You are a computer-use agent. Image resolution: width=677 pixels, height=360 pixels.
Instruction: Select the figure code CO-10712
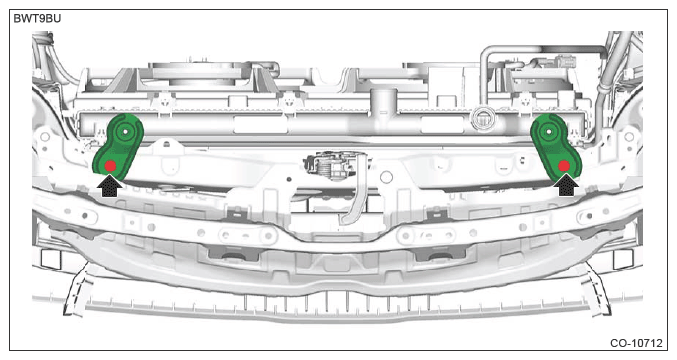coord(637,344)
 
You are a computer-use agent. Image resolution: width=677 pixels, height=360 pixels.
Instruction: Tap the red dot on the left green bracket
coord(112,164)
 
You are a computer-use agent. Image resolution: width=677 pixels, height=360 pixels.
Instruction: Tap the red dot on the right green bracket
coord(564,165)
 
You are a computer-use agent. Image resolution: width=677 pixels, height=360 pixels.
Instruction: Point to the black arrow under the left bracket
coord(112,185)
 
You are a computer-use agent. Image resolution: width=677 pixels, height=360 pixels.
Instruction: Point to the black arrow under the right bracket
coord(567,185)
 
